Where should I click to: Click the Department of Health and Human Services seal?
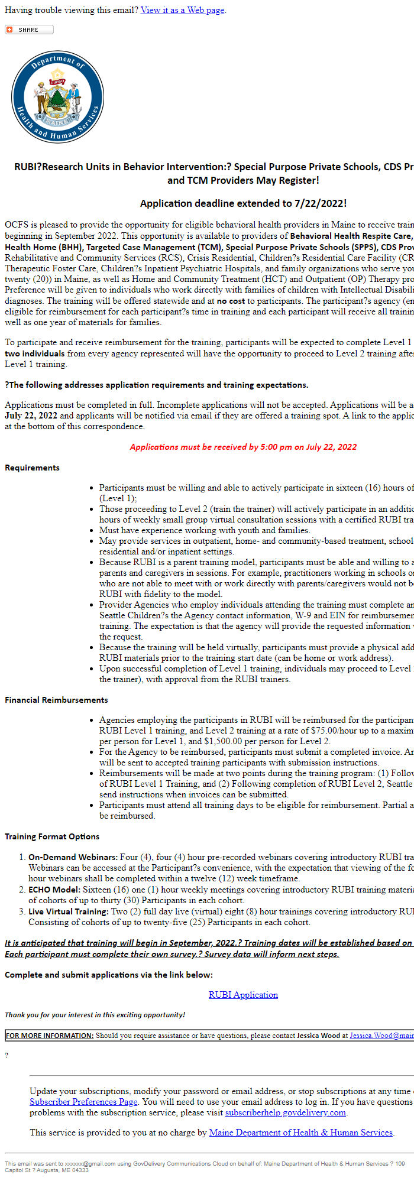coord(57,97)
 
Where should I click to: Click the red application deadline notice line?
coord(243,447)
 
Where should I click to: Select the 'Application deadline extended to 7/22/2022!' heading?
coord(243,203)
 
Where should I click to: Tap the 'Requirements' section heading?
coord(32,468)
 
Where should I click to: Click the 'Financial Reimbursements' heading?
coord(56,700)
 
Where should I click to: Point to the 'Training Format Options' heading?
coord(52,836)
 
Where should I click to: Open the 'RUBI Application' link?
coord(243,995)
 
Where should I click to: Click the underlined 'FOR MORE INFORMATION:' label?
coord(50,1036)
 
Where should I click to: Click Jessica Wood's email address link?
coord(381,1036)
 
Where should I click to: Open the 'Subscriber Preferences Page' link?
coord(83,1102)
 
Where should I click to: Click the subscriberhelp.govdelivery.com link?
coord(285,1112)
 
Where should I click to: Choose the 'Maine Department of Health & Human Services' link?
coord(300,1133)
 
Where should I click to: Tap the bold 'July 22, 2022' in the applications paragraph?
coord(31,416)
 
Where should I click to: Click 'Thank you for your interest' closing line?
coord(95,1015)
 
